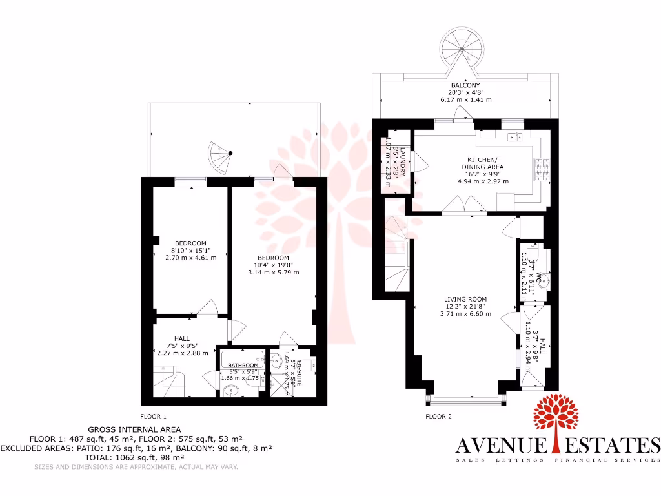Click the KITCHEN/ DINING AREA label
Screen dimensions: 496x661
pos(482,163)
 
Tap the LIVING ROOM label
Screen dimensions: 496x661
pos(465,299)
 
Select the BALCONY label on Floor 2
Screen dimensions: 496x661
pos(465,85)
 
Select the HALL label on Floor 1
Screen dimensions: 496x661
pos(181,338)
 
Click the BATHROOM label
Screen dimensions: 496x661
pos(243,366)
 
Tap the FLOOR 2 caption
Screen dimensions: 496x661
pos(438,417)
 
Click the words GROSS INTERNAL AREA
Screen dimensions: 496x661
pos(134,429)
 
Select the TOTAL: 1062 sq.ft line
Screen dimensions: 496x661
pos(134,457)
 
